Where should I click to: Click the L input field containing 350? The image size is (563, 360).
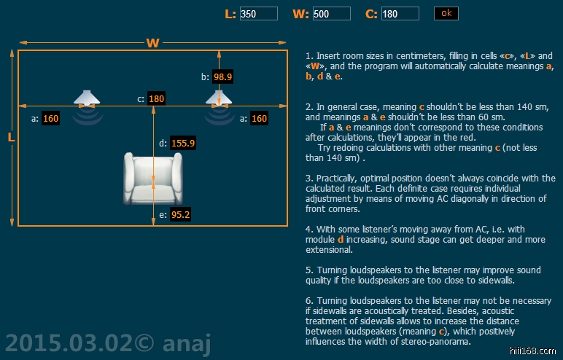(x=258, y=14)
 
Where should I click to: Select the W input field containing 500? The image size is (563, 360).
(x=331, y=14)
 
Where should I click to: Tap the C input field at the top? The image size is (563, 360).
(x=400, y=14)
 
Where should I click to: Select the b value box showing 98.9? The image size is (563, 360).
(x=222, y=77)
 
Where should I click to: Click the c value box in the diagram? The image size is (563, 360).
(x=156, y=98)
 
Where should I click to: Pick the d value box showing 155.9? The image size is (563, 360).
(x=183, y=144)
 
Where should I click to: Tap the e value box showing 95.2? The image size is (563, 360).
(x=179, y=215)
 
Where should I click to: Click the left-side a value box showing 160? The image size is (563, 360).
(x=50, y=118)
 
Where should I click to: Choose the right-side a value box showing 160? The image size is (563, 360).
(x=259, y=118)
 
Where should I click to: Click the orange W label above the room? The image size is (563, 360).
(x=152, y=42)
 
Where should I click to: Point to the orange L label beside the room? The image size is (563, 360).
(x=11, y=138)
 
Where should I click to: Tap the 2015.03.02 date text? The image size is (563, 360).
(x=69, y=342)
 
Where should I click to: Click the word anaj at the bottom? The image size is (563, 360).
(x=183, y=342)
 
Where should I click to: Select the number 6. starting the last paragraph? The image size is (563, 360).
(x=309, y=300)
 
